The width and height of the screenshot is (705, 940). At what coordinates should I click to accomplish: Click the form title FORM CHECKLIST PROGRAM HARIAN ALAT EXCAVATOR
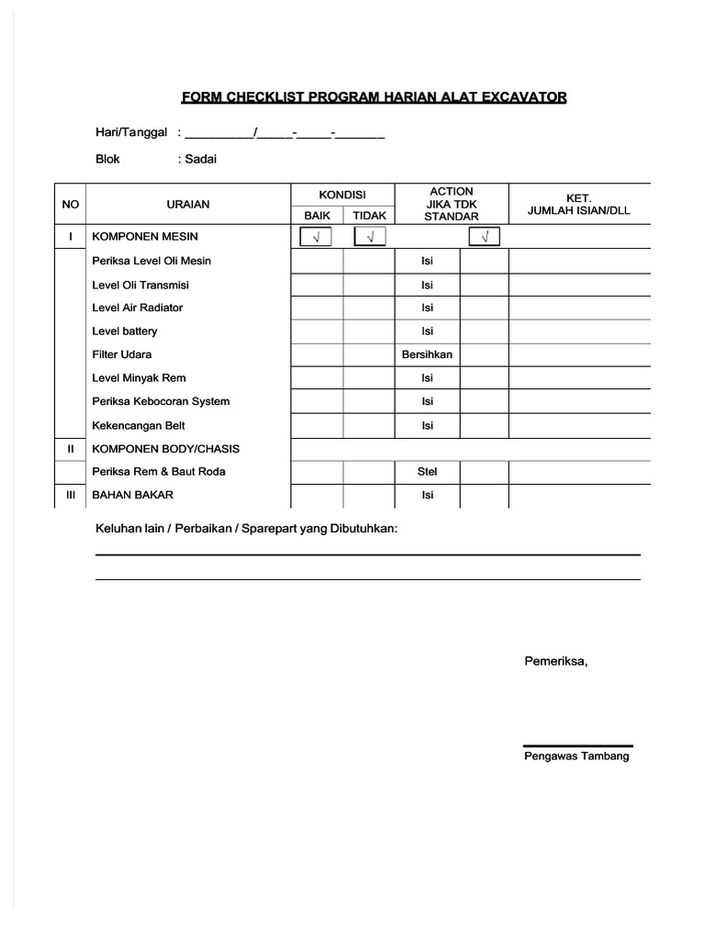(x=374, y=97)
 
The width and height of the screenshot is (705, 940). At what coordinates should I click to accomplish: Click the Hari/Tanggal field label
(x=131, y=132)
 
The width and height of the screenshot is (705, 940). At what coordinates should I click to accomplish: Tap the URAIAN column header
(x=188, y=205)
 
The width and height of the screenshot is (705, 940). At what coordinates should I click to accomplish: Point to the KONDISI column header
(x=342, y=196)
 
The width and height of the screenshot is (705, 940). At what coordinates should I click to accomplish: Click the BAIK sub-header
(x=317, y=216)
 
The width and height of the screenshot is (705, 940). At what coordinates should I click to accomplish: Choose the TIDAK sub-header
(x=370, y=216)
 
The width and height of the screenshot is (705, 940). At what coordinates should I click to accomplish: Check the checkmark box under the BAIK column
(x=317, y=238)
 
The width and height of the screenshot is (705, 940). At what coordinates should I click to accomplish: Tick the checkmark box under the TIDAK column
(x=370, y=238)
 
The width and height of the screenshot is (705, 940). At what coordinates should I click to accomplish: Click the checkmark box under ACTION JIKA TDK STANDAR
(x=485, y=238)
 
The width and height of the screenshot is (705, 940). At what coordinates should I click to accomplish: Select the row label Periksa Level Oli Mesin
(x=151, y=261)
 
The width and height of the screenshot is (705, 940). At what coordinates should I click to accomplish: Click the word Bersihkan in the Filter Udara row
(x=427, y=354)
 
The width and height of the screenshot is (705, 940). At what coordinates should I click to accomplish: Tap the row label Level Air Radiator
(x=138, y=308)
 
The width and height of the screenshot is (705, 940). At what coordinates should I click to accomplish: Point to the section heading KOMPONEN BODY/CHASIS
(x=166, y=448)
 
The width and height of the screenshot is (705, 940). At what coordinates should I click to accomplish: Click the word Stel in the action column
(x=427, y=472)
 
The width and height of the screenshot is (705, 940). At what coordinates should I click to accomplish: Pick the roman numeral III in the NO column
(x=70, y=495)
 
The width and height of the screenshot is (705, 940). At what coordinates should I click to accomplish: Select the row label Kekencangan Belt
(x=139, y=425)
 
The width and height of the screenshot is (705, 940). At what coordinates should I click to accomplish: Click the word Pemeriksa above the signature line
(x=555, y=660)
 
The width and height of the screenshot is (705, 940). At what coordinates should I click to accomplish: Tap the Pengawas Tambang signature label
(x=576, y=756)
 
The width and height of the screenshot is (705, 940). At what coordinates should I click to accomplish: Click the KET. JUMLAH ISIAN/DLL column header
(x=579, y=204)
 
